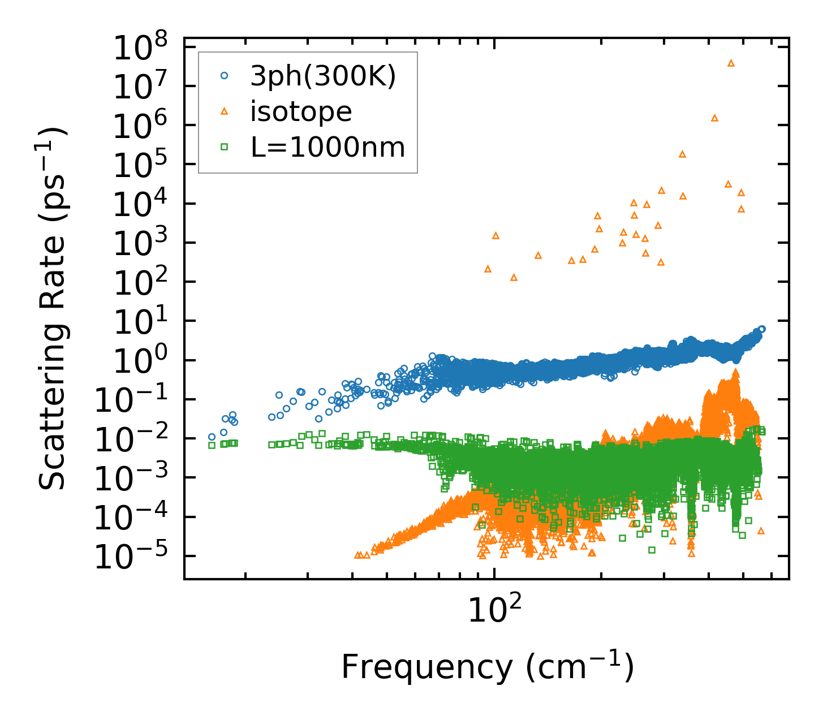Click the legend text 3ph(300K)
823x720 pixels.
pos(323,76)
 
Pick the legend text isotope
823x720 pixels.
pos(301,111)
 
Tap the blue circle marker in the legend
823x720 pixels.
pos(224,76)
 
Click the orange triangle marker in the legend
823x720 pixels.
pos(224,111)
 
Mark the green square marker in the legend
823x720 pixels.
pos(224,147)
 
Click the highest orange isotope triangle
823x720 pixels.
pos(731,63)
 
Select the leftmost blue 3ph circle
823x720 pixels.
pos(212,437)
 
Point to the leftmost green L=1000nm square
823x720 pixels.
pos(212,445)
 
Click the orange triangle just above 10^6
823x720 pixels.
pos(714,118)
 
